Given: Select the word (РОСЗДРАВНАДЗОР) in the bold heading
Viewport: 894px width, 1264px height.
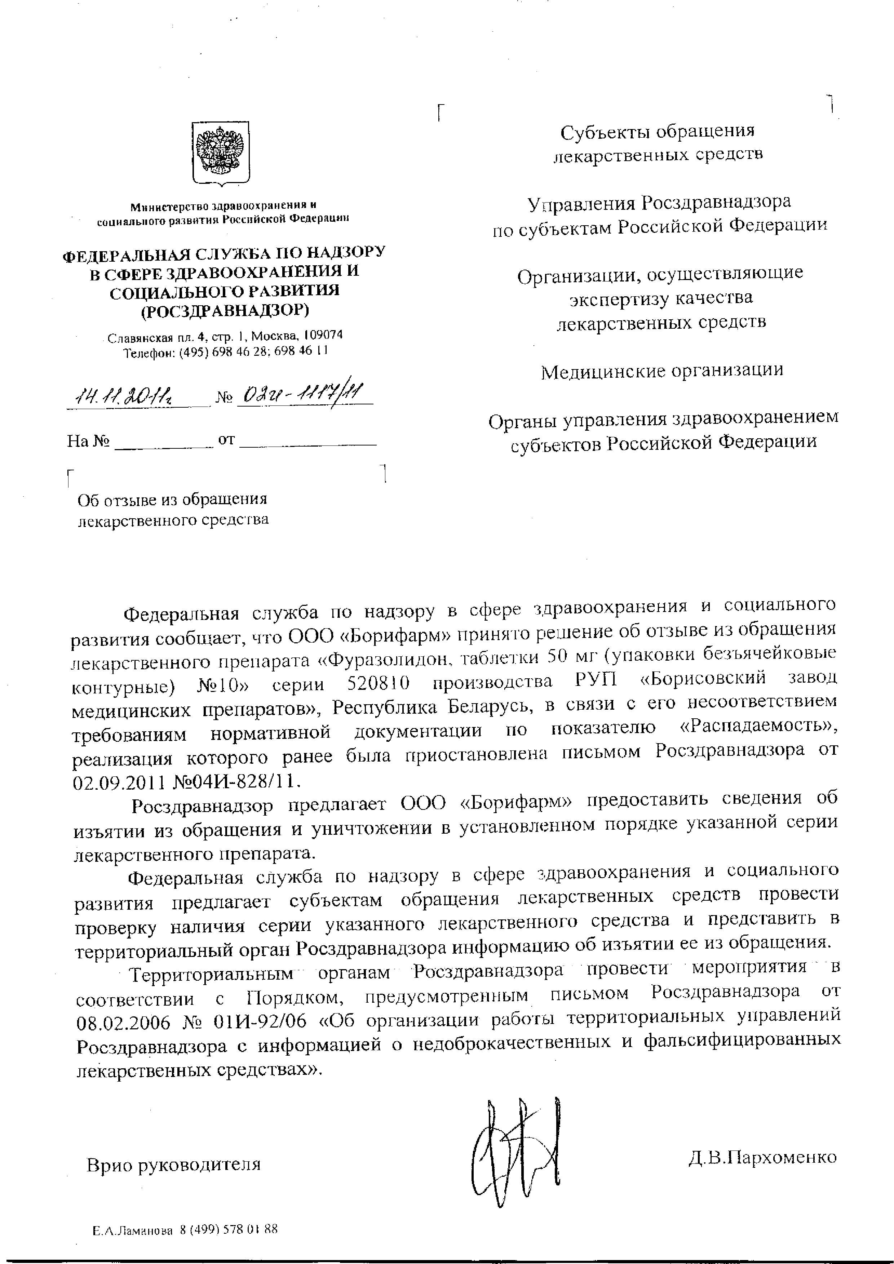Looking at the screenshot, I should (225, 311).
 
